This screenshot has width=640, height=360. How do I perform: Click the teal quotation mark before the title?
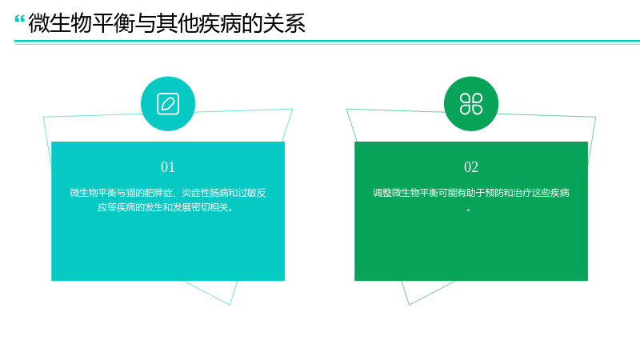19,18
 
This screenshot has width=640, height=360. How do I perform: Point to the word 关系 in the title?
284,23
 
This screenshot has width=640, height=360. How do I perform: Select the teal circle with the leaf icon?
168,104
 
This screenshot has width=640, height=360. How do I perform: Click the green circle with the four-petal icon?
471,104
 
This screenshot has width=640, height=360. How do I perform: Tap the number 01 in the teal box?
168,167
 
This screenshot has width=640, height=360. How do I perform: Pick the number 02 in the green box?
471,167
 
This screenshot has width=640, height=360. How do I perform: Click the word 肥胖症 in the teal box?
158,193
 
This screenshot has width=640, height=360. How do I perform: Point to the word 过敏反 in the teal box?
252,193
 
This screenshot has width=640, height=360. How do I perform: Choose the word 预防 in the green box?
494,193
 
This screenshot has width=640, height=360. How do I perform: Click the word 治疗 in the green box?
522,193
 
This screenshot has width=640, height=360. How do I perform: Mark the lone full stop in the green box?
469,210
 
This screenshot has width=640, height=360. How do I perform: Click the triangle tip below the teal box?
230,305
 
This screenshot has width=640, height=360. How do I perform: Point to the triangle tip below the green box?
409,305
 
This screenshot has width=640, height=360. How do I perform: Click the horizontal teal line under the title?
327,42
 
